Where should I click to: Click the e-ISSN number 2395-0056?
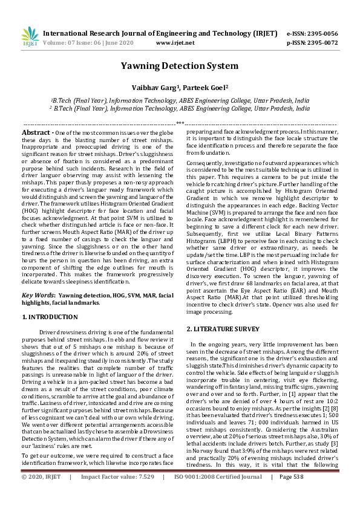[321, 34]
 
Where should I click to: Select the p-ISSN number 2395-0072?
[321, 44]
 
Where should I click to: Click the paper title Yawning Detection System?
[180, 65]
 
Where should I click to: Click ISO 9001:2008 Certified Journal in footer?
[222, 494]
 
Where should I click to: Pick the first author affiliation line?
[180, 100]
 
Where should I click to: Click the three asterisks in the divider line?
[180, 122]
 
